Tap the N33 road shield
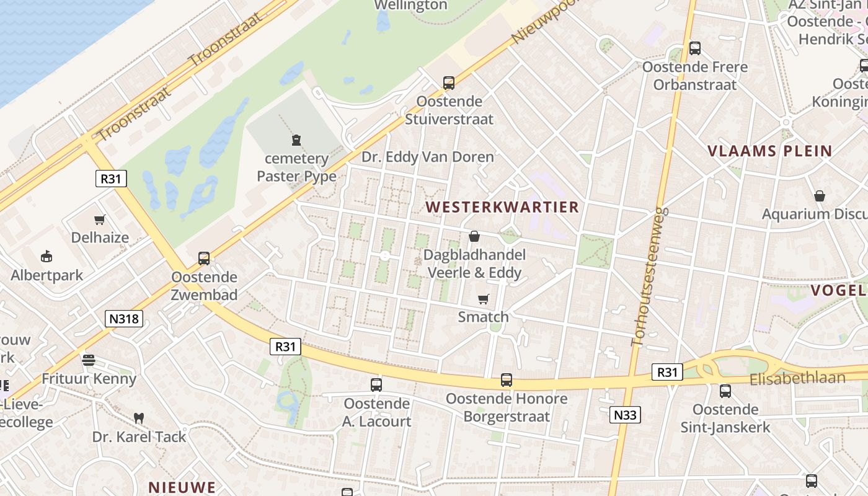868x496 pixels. coord(624,415)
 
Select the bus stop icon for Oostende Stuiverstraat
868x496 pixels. coord(448,82)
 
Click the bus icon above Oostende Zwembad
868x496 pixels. coord(203,258)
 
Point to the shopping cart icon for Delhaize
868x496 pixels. coord(99,219)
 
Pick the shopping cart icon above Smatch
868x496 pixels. coord(484,299)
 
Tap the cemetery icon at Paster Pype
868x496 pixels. coord(296,140)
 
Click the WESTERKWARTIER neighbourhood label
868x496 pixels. coord(502,207)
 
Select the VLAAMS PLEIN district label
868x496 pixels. coord(770,151)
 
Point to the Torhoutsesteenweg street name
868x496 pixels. coord(647,276)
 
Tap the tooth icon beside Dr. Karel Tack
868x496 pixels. coord(139,418)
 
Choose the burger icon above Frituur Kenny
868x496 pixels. coord(89,360)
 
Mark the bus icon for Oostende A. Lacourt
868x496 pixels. coord(376,385)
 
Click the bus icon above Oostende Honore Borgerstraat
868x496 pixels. coord(507,380)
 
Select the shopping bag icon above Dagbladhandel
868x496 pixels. coord(474,236)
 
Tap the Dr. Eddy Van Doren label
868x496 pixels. coord(428,157)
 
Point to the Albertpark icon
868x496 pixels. coord(46,256)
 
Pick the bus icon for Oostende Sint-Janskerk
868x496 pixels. coord(725,391)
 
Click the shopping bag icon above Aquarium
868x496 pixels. coord(820,196)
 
